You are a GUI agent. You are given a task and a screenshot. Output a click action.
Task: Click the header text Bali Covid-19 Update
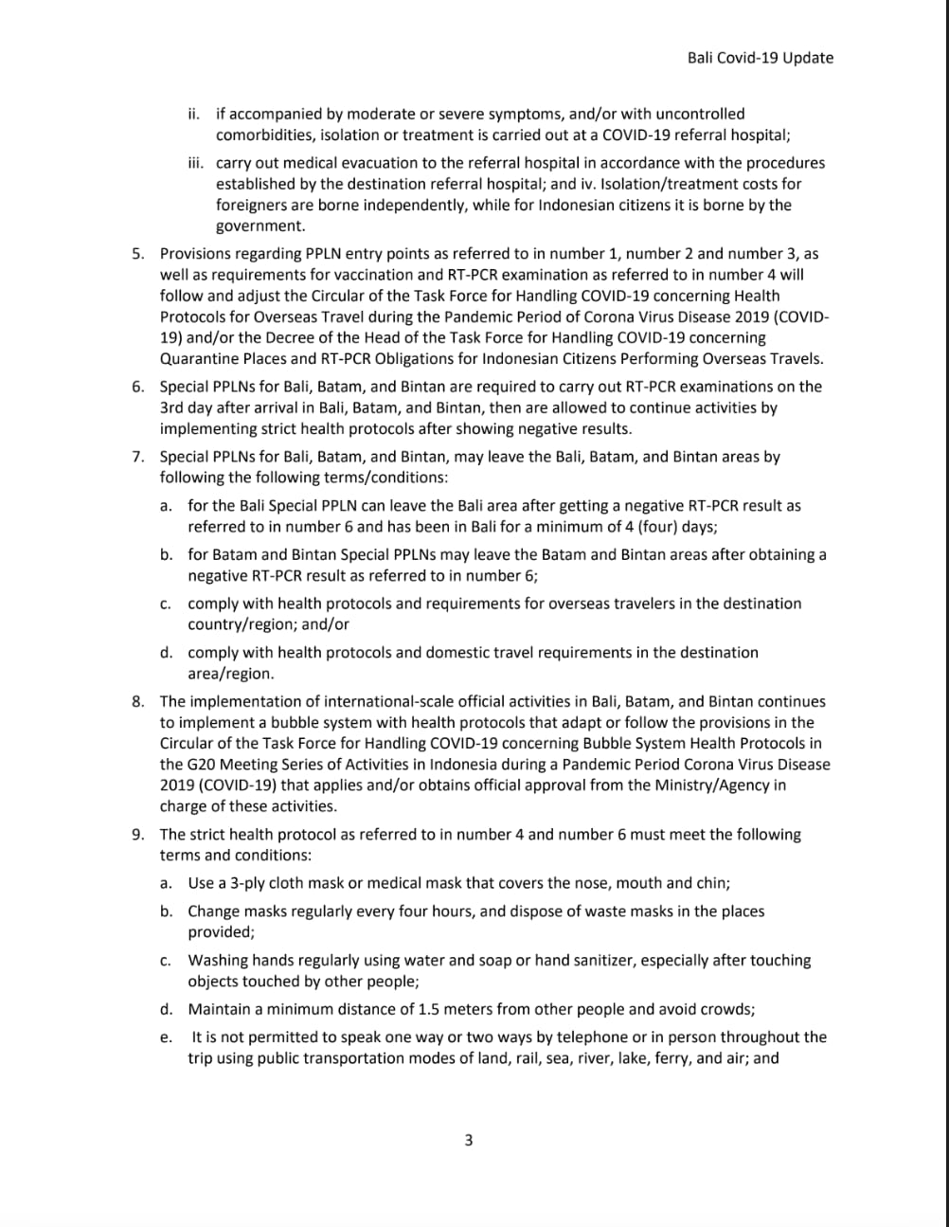tap(761, 58)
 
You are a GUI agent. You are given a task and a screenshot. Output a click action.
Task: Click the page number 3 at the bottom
tap(468, 1140)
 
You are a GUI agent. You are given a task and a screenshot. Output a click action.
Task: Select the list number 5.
tap(138, 254)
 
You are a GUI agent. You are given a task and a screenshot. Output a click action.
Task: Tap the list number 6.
tap(138, 387)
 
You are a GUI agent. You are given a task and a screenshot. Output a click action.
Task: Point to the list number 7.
tap(138, 457)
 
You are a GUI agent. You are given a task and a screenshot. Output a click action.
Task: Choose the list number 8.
tap(138, 702)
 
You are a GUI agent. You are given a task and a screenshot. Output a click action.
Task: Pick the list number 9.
tap(138, 835)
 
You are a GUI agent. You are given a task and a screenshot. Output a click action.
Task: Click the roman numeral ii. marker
tap(193, 114)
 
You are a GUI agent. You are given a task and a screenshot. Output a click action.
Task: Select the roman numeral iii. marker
tap(195, 163)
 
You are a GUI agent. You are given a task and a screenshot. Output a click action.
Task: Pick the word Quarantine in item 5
tap(198, 359)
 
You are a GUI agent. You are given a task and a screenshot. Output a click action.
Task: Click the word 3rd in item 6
tap(173, 407)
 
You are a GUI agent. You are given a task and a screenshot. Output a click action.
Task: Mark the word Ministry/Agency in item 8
tap(697, 785)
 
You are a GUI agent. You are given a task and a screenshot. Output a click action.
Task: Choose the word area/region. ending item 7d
tap(231, 674)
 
